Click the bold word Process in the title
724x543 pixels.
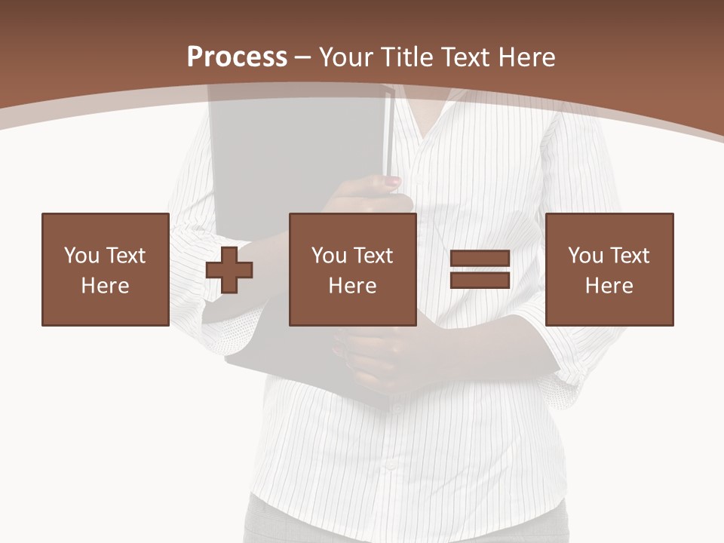tap(237, 57)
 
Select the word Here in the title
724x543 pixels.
tap(526, 57)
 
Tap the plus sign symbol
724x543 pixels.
tap(229, 270)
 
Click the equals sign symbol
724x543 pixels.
tap(480, 270)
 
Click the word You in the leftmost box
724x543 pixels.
tap(81, 256)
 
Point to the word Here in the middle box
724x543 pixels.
tap(352, 286)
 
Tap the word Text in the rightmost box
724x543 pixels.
tap(630, 256)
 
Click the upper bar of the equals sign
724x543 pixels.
tap(480, 259)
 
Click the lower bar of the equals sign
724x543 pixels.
tap(480, 281)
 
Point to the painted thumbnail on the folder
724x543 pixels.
tap(393, 182)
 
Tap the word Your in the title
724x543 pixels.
tap(347, 57)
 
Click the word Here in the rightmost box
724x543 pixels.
tap(609, 286)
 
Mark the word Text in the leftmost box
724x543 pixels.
tap(126, 256)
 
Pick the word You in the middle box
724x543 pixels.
tap(329, 256)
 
